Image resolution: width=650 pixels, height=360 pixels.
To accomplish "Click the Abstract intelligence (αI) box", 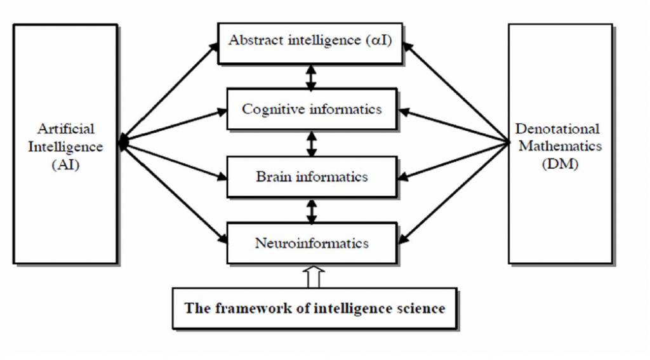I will click(x=311, y=43).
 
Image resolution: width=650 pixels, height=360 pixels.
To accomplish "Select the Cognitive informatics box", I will click(x=311, y=109).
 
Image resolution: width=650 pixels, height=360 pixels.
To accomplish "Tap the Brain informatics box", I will click(x=311, y=177).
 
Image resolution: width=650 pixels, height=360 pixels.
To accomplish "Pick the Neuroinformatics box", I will click(x=311, y=243).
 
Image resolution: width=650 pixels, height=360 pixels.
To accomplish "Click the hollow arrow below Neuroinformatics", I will click(x=314, y=277).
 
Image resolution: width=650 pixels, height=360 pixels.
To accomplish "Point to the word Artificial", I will click(x=65, y=129).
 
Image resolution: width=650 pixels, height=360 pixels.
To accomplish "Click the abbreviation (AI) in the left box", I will click(x=65, y=164).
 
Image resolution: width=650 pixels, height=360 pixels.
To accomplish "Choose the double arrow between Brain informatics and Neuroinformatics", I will click(x=311, y=210).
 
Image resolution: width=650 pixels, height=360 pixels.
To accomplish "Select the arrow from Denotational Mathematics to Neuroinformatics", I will click(x=454, y=193).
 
